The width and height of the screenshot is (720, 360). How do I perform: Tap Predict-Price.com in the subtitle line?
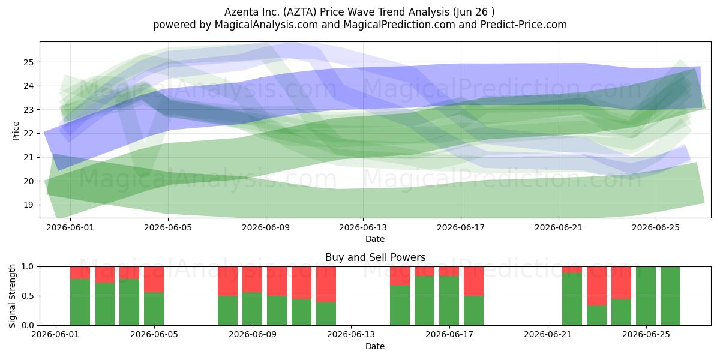pos(524,25)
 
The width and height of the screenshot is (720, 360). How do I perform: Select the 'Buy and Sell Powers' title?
pos(375,257)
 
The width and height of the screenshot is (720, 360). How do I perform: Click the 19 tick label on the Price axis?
pos(28,205)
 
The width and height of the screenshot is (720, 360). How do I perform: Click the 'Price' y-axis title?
pos(16,131)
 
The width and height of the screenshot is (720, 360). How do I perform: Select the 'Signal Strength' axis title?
pos(12,296)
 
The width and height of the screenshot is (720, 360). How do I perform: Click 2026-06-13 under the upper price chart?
pos(363,227)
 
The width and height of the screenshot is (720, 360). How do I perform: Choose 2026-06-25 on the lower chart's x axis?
pos(646,334)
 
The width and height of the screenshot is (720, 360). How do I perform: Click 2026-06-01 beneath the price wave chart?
pos(70,227)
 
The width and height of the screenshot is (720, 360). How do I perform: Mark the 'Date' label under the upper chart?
pos(375,239)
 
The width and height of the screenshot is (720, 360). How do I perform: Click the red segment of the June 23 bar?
pos(596,286)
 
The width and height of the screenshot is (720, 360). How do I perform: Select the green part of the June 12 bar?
pos(326,314)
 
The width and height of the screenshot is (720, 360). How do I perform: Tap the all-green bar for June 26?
pos(671,296)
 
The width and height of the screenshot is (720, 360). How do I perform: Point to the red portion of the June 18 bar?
pos(473,281)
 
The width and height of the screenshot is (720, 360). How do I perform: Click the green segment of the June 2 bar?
pos(80,302)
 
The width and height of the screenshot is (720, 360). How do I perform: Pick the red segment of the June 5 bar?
pos(154,280)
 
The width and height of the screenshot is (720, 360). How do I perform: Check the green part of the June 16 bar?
pos(424,301)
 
